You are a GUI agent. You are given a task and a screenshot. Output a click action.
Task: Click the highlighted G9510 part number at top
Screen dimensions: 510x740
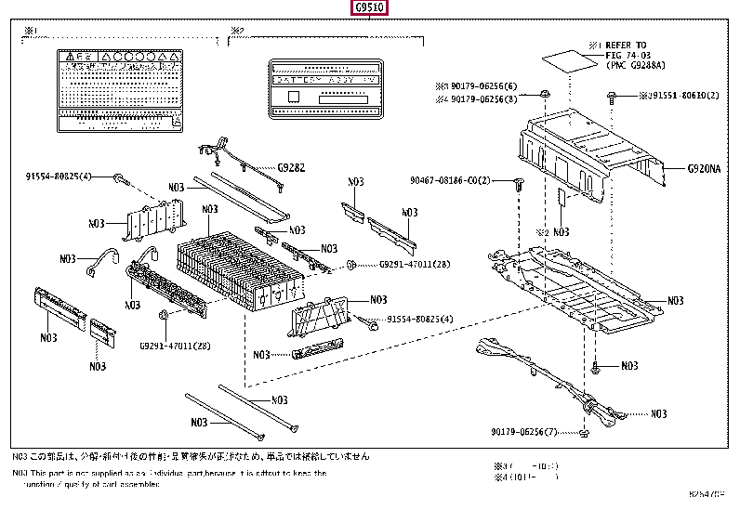click(369, 10)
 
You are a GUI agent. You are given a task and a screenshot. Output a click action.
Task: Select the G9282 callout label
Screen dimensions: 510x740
click(291, 168)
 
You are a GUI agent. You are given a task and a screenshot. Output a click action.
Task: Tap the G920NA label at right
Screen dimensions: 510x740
click(704, 169)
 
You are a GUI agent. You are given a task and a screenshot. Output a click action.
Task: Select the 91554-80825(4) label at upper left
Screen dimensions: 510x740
click(58, 176)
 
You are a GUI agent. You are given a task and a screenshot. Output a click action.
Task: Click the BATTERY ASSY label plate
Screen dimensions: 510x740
click(324, 88)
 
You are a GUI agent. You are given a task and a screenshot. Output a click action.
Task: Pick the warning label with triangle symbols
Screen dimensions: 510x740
click(118, 89)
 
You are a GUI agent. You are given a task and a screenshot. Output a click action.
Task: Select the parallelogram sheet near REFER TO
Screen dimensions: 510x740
click(563, 61)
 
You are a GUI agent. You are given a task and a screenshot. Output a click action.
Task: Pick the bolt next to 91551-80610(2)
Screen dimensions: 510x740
click(613, 96)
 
